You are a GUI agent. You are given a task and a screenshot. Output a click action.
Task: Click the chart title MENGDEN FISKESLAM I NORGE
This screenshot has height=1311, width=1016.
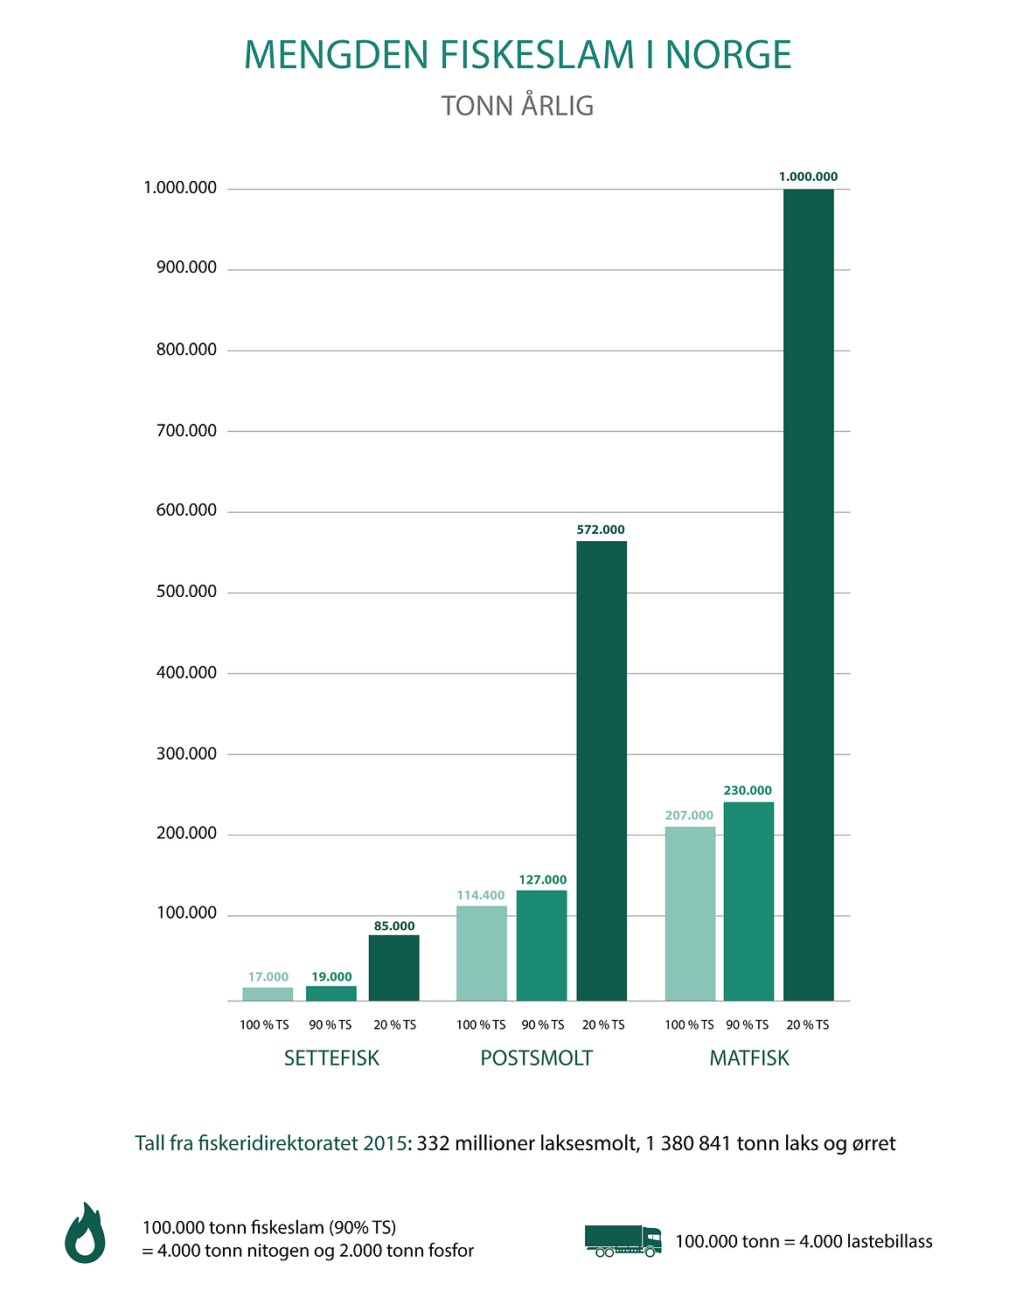point(517,55)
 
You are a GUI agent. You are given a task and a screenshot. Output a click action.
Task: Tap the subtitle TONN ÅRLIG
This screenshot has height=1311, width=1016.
point(518,106)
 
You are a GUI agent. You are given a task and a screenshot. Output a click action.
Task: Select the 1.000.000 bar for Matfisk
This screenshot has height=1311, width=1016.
point(808,594)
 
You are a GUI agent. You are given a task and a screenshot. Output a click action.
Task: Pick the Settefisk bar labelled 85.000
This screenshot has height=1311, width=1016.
point(393,968)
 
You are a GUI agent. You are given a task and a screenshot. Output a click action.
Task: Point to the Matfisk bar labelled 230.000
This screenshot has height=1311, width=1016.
point(748,901)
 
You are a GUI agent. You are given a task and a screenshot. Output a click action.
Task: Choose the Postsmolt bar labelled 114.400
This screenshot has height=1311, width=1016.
point(481,953)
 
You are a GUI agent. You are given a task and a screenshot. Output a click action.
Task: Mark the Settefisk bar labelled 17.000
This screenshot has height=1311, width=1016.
point(268,994)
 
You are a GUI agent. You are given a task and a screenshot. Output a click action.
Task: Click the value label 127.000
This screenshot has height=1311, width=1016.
point(542,880)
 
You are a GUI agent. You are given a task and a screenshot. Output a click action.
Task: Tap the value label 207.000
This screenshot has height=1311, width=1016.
point(689,815)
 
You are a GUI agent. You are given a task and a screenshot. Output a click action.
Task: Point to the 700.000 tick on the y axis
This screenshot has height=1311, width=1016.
point(181,430)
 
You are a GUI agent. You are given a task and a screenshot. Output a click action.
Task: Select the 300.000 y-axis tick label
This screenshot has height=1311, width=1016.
point(181,753)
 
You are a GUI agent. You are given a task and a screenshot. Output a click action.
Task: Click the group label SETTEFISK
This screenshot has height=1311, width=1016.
point(331,1058)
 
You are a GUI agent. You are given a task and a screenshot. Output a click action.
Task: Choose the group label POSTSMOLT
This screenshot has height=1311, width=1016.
point(536,1058)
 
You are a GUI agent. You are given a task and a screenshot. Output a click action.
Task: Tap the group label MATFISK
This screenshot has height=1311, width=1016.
point(749,1058)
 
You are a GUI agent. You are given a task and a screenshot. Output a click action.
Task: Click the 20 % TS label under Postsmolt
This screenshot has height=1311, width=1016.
point(603,1024)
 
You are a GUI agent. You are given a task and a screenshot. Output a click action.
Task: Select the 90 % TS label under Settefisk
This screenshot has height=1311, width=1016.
point(331,1024)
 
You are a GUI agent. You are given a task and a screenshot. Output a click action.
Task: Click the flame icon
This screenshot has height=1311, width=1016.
point(85,1233)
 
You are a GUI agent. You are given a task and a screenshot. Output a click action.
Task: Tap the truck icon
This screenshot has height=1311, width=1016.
point(623,1240)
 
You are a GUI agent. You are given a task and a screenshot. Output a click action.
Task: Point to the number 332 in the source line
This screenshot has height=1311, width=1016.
point(432,1143)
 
